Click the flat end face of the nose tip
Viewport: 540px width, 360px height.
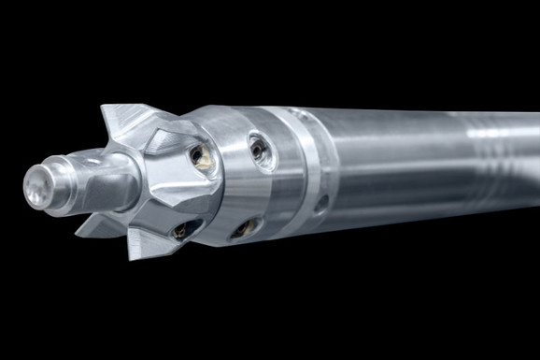pyautogui.click(x=35, y=187)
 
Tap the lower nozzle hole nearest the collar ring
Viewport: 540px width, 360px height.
pyautogui.click(x=245, y=227)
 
